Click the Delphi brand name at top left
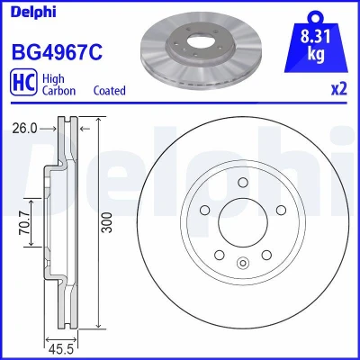(x=33, y=12)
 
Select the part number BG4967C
(x=57, y=52)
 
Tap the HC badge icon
(x=23, y=83)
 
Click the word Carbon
(x=58, y=91)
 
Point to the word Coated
(x=110, y=91)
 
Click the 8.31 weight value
(x=316, y=37)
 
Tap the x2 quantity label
(x=339, y=89)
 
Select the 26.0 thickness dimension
(x=25, y=129)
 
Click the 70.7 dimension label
(x=24, y=222)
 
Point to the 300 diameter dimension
(x=107, y=222)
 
